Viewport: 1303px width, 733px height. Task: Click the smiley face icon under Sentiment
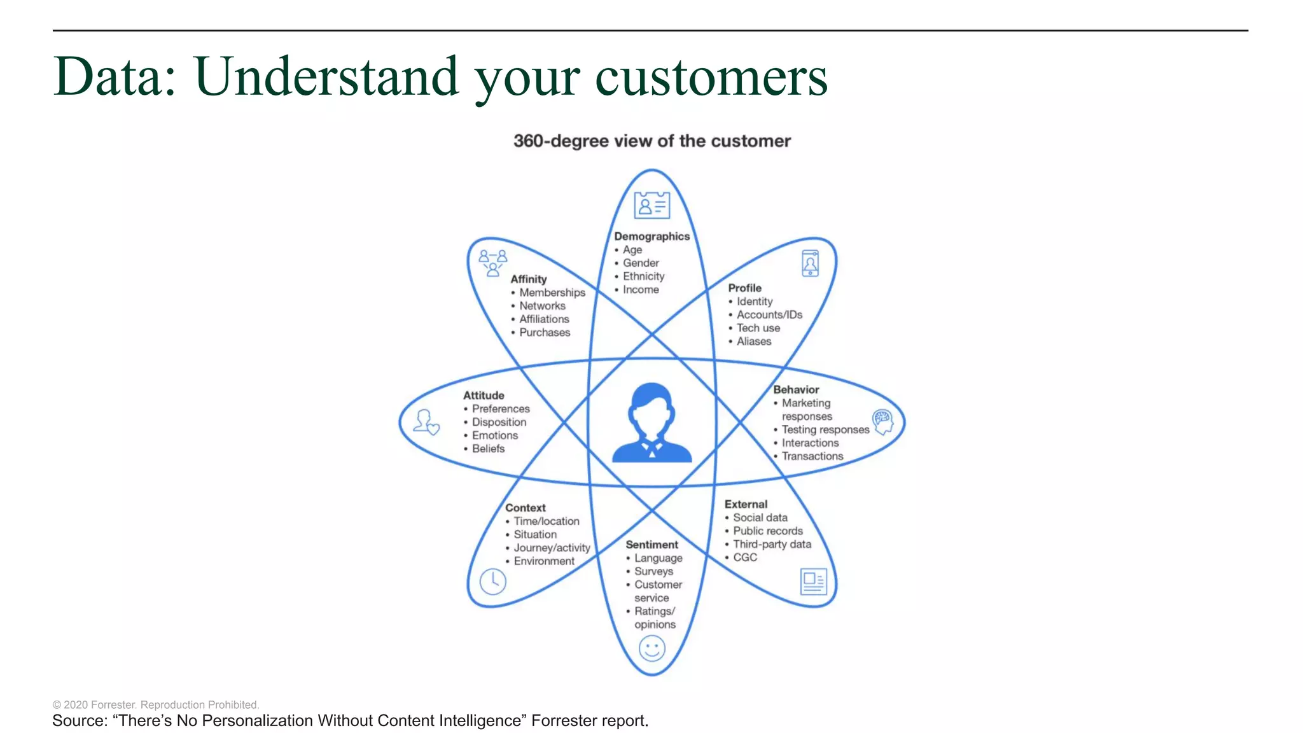651,649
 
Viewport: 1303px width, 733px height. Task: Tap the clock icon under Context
492,581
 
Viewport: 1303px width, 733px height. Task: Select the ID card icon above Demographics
651,205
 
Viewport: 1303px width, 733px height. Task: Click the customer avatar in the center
651,423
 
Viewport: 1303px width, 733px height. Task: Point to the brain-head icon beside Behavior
882,422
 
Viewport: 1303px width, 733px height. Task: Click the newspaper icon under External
813,581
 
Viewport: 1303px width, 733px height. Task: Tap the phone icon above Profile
810,263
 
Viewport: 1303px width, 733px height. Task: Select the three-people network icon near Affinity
492,262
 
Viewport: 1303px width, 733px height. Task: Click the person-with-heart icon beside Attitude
426,422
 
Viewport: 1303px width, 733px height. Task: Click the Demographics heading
651,236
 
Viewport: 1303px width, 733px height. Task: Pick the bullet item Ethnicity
643,276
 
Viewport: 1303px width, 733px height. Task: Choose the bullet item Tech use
758,328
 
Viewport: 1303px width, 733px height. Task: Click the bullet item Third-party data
772,544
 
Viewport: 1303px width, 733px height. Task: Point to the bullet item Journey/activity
552,548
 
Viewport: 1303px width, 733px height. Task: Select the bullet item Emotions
494,435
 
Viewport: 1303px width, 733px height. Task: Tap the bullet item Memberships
552,293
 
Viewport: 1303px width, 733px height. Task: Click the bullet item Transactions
812,456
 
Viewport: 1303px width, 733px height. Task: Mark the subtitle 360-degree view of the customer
651,141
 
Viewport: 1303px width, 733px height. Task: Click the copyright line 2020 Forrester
156,704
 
